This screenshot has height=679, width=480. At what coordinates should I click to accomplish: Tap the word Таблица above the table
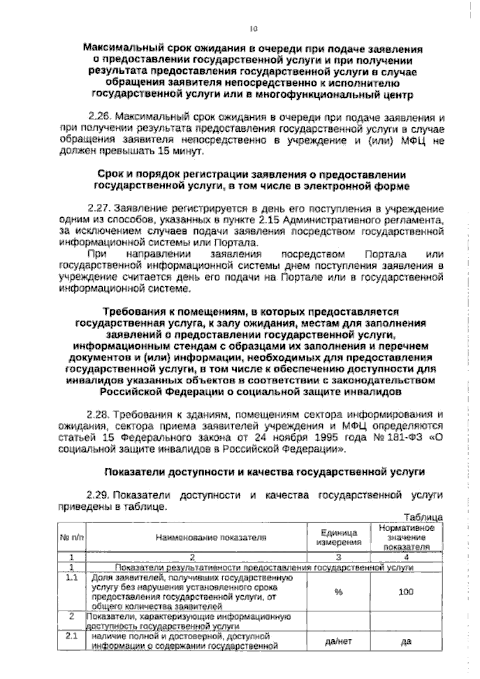[424, 517]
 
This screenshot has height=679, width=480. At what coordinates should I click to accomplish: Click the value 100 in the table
[406, 592]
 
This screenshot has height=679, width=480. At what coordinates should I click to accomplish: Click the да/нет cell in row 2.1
[338, 641]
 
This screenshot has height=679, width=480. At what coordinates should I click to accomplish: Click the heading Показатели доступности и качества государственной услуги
[264, 472]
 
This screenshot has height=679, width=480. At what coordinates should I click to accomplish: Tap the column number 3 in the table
[338, 557]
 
